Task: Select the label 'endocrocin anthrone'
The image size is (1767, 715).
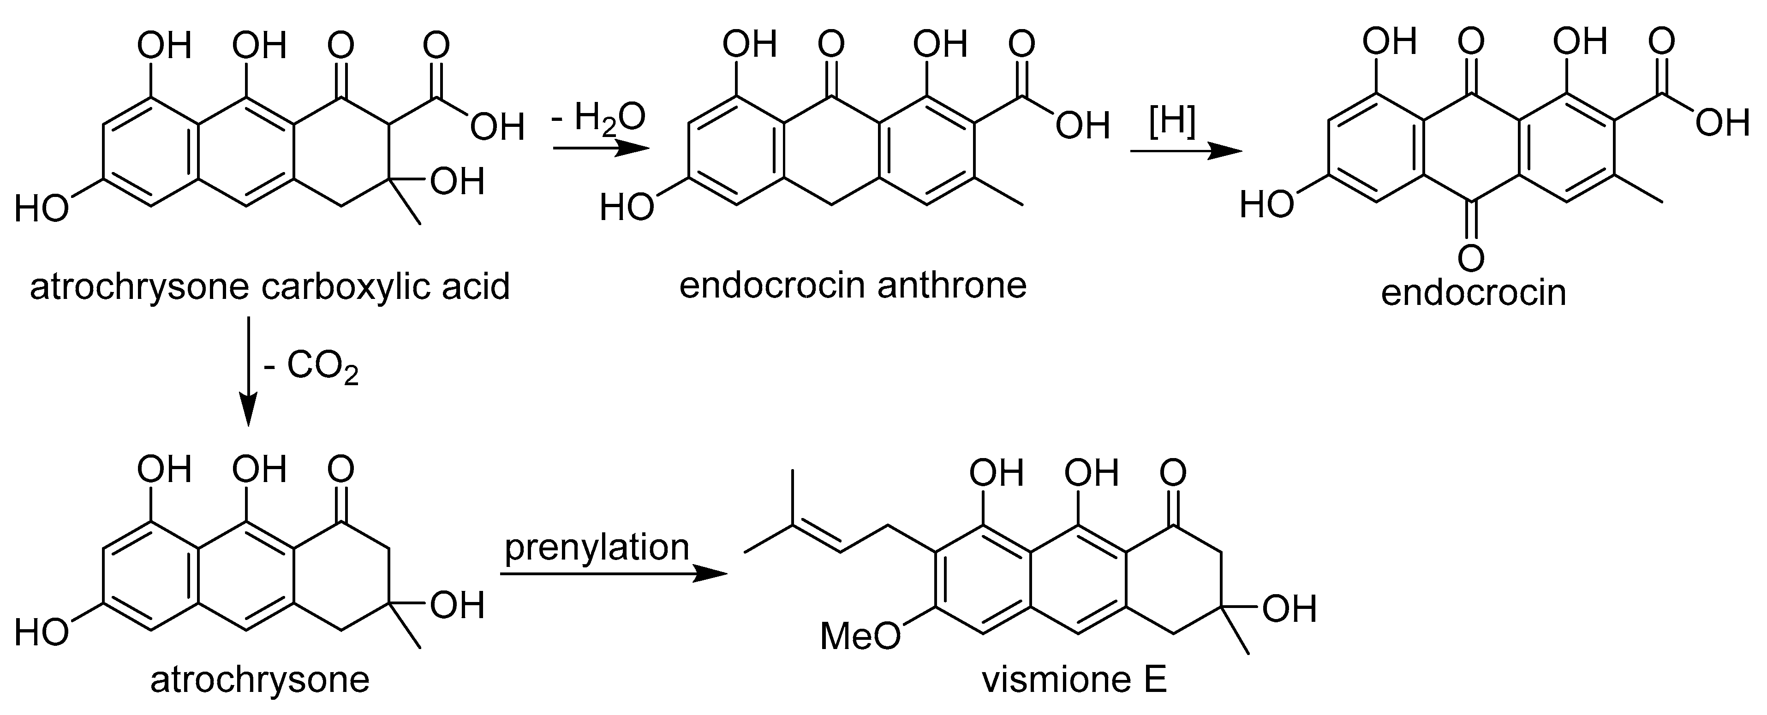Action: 853,285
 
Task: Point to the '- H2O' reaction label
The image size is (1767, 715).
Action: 598,117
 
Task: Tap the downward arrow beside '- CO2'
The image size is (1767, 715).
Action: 248,371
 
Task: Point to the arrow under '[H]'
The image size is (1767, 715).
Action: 1187,151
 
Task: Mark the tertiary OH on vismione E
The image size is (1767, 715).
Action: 1289,609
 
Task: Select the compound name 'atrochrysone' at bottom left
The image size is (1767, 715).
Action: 260,681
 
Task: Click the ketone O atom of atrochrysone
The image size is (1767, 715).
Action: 341,470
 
